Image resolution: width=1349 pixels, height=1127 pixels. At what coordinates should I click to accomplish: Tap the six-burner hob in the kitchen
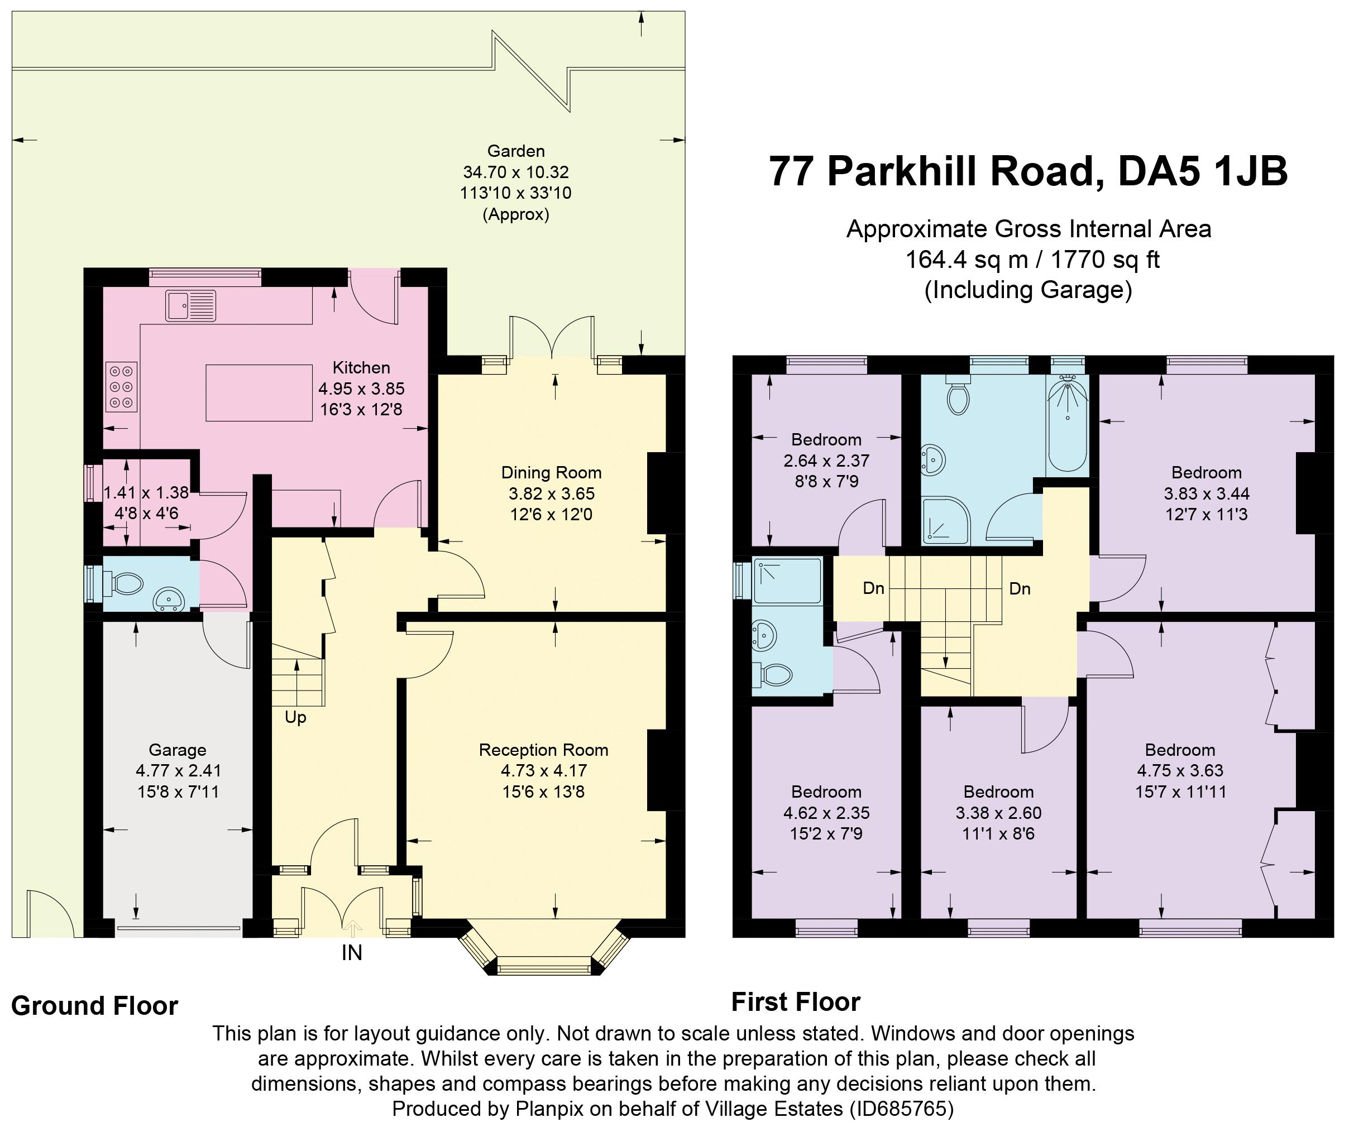[121, 387]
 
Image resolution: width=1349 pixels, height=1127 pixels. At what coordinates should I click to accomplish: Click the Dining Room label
[551, 473]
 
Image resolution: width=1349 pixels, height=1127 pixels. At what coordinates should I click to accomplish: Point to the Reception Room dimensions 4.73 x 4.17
[544, 771]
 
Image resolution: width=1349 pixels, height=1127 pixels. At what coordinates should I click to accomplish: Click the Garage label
[178, 750]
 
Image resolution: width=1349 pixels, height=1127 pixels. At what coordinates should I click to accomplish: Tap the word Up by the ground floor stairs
[295, 717]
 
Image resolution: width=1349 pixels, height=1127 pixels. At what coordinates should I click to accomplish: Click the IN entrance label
[351, 952]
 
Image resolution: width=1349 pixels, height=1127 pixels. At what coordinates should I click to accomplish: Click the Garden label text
[516, 151]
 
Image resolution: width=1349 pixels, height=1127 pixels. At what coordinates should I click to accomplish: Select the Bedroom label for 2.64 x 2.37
[826, 440]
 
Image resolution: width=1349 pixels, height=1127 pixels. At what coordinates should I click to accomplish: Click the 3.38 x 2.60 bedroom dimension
[998, 813]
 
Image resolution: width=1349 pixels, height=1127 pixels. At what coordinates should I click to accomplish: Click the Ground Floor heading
[94, 1006]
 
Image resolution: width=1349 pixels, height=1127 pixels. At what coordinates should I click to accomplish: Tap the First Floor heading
[796, 1002]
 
